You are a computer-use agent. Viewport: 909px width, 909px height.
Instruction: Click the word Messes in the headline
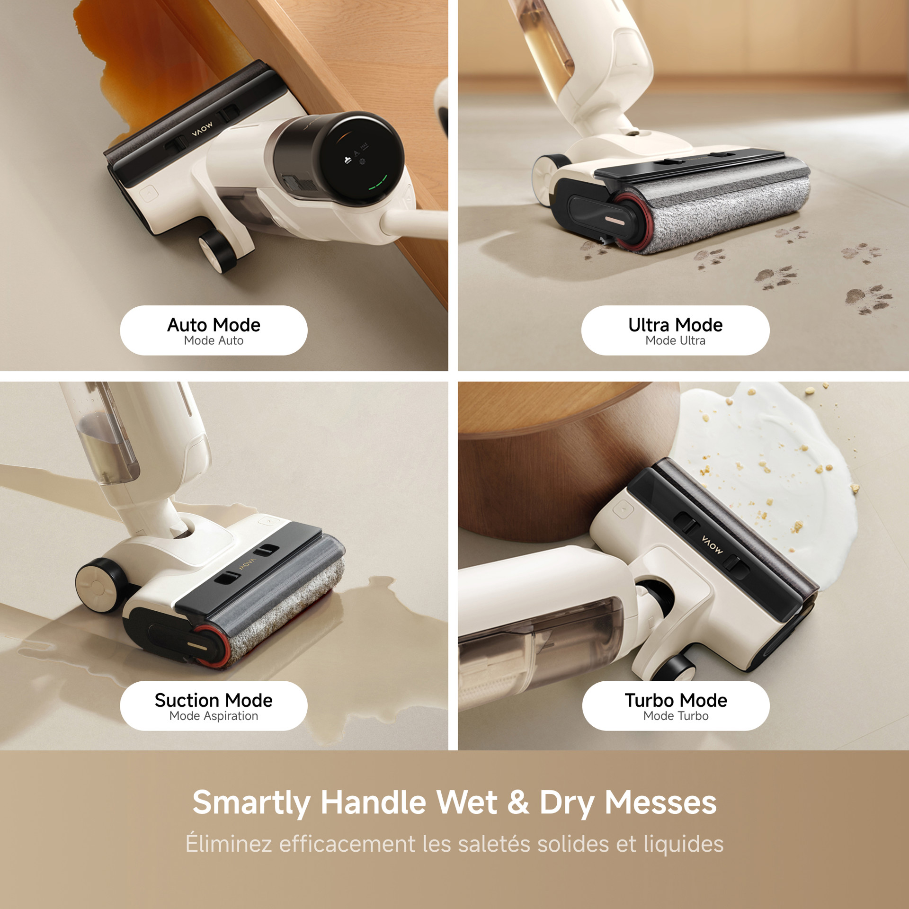coord(660,802)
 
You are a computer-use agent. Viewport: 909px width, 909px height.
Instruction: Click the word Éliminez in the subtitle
coord(228,843)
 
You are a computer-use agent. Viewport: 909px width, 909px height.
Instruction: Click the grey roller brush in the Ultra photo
coord(724,204)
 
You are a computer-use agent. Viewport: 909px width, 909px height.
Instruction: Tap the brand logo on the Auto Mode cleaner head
coord(202,129)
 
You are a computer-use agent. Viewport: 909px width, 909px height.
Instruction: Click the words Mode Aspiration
coord(214,716)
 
